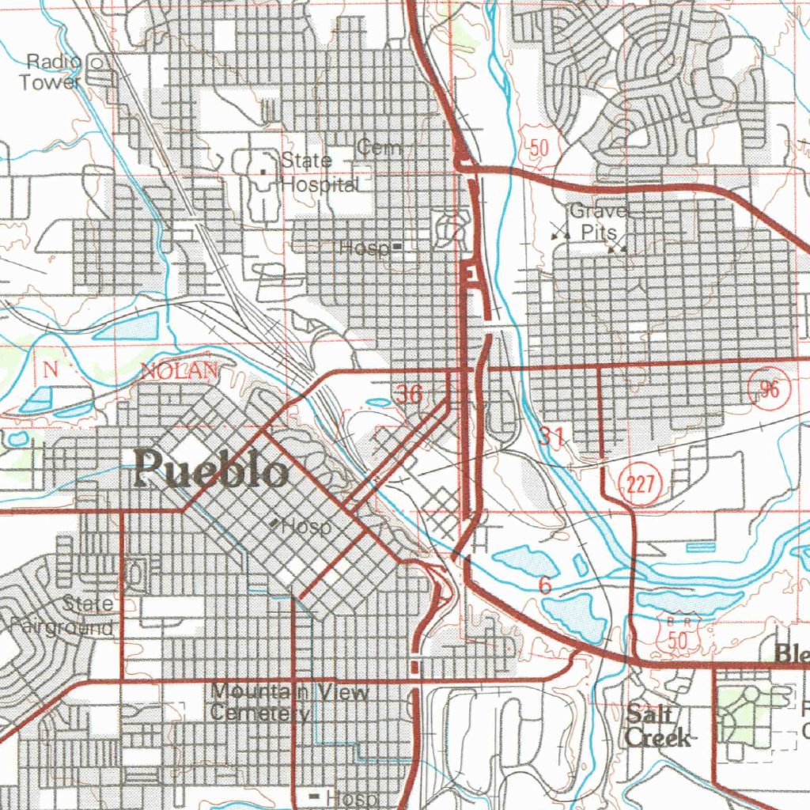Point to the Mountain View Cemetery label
point(290,702)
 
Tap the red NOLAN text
point(179,370)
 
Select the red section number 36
point(409,394)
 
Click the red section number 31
point(552,433)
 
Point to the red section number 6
point(544,585)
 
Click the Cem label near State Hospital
point(379,147)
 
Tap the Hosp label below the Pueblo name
point(305,526)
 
